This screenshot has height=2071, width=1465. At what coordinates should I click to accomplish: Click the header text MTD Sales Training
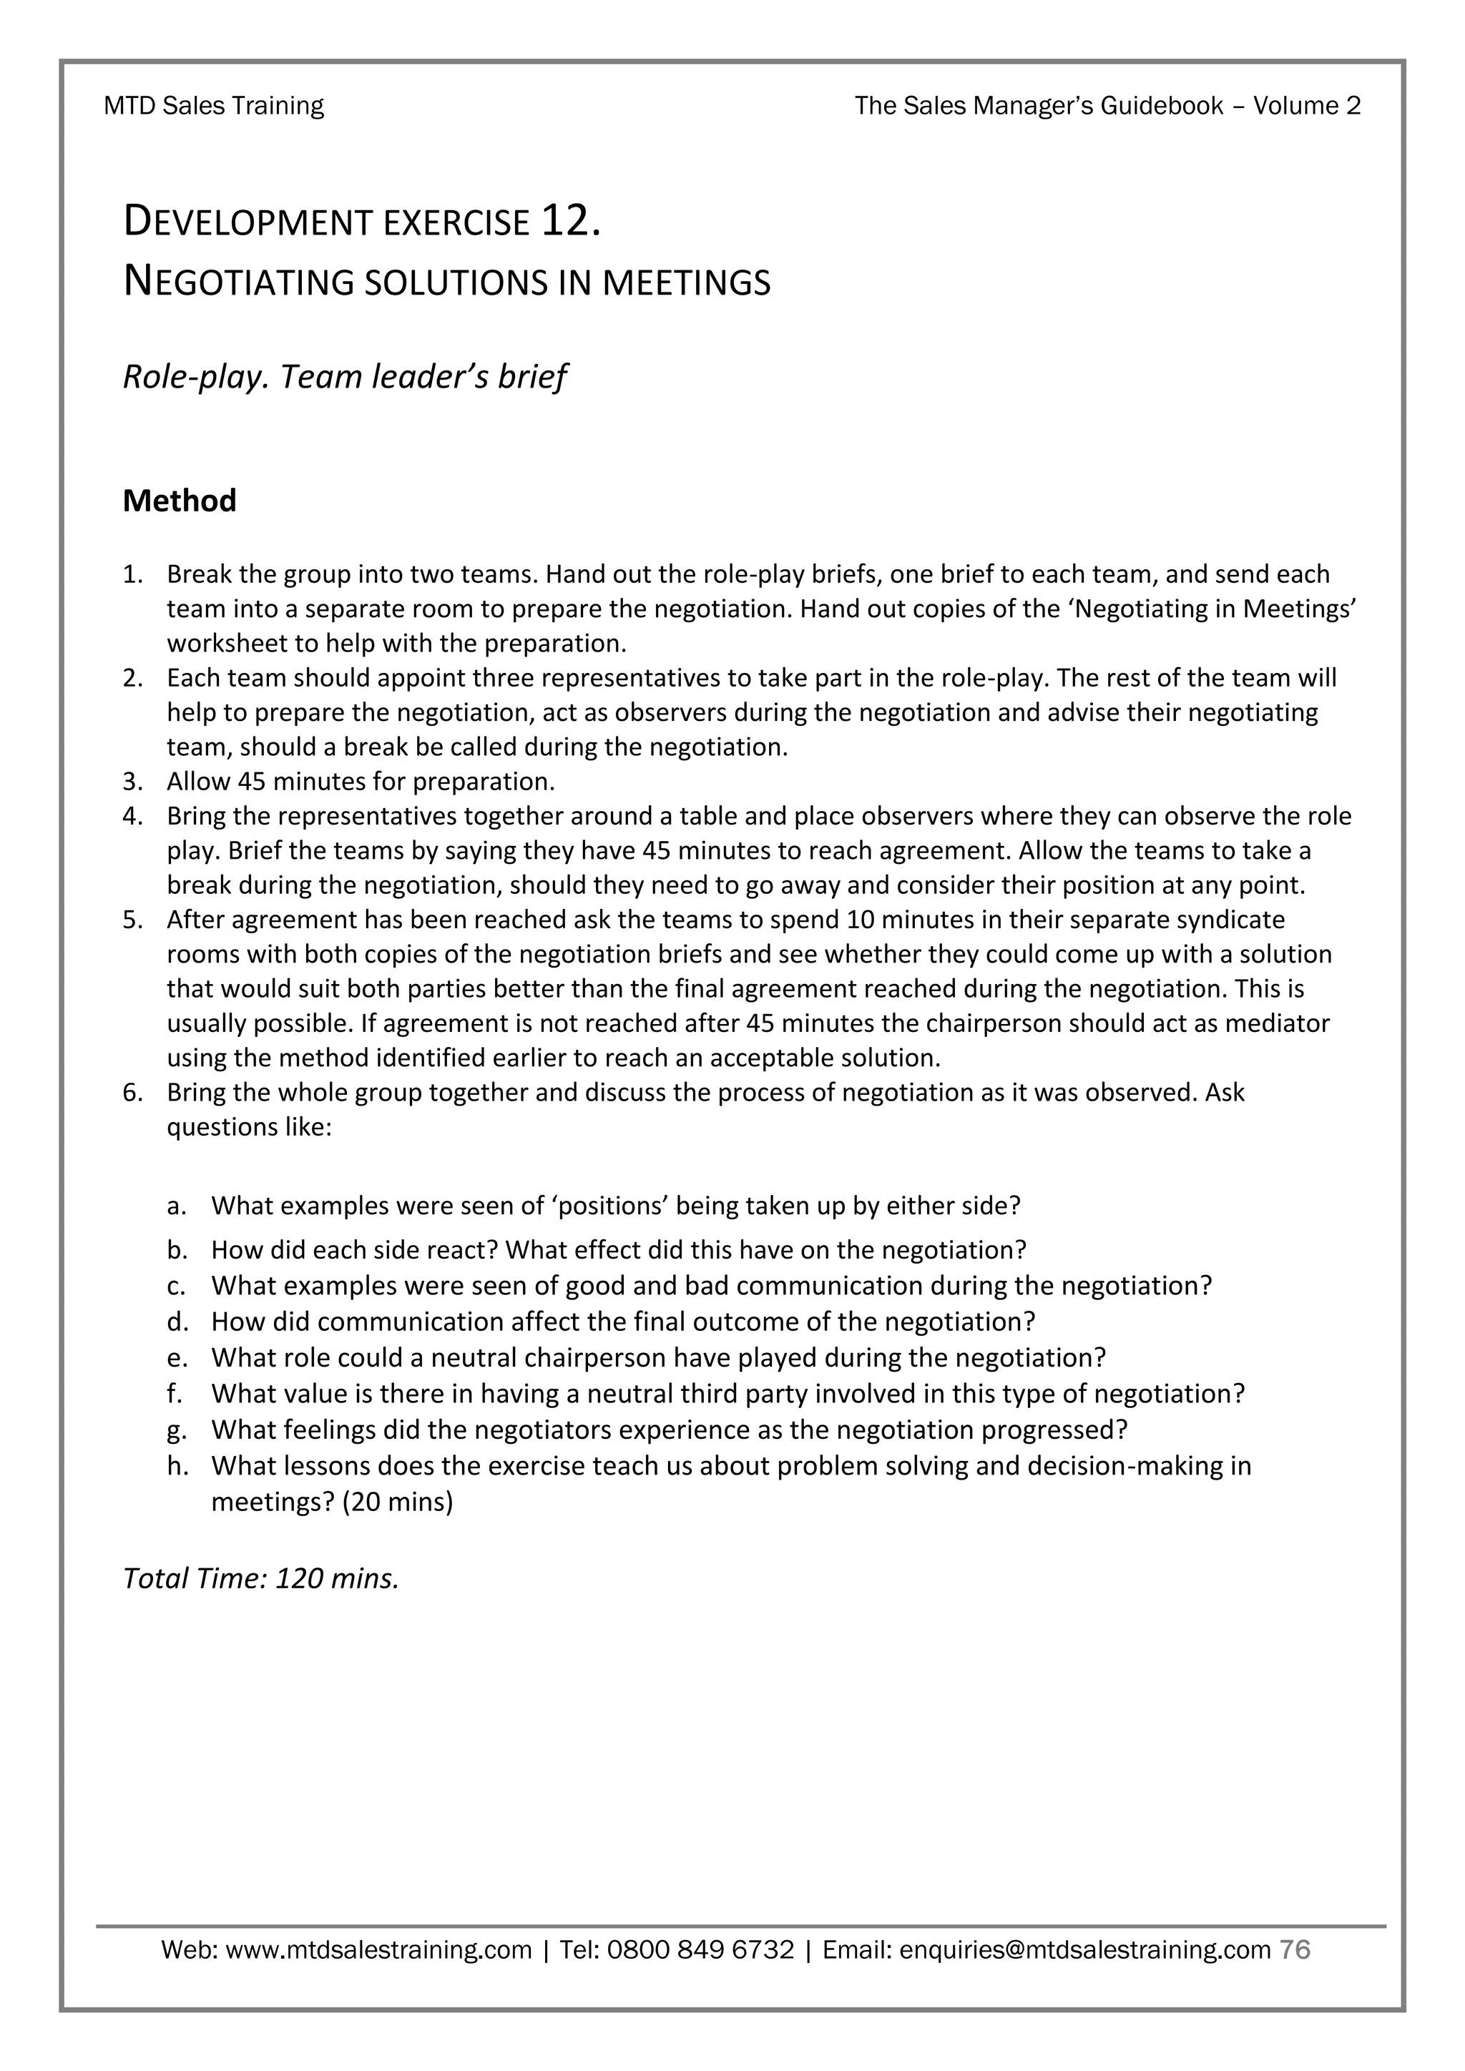(x=214, y=107)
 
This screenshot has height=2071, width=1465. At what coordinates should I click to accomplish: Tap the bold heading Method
(x=180, y=501)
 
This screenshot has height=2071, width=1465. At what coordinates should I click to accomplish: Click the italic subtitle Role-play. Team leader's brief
(x=345, y=377)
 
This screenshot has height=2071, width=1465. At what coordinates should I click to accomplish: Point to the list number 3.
(x=132, y=781)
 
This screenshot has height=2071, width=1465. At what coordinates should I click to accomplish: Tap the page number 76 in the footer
(x=1295, y=1950)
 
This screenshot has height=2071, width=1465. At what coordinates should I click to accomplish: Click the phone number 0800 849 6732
(x=701, y=1950)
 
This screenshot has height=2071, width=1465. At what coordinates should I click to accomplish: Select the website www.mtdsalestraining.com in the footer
(x=378, y=1950)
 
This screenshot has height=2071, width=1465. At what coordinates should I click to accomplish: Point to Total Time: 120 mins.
(x=260, y=1578)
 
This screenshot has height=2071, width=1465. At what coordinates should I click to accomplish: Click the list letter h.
(x=177, y=1466)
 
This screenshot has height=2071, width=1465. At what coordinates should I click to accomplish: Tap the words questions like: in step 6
(x=249, y=1128)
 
